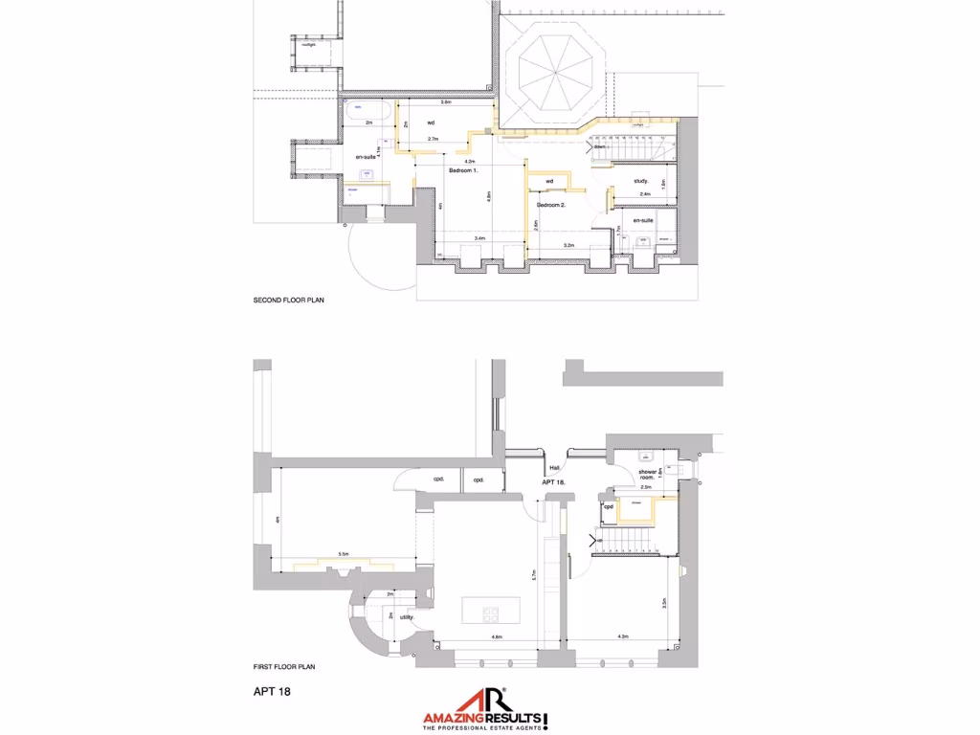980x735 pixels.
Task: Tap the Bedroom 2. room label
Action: coord(550,205)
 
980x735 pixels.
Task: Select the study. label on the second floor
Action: coord(641,181)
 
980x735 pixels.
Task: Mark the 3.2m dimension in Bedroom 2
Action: coord(568,245)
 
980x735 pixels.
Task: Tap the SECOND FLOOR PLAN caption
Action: coord(289,300)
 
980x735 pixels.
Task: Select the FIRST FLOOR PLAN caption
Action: coord(284,667)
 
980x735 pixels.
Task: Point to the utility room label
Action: coord(406,617)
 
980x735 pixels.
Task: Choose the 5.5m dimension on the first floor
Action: coord(343,554)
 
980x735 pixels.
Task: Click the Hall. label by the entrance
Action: coord(554,468)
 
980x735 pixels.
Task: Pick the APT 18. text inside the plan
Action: coord(555,482)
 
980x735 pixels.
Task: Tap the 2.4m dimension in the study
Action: coord(645,194)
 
